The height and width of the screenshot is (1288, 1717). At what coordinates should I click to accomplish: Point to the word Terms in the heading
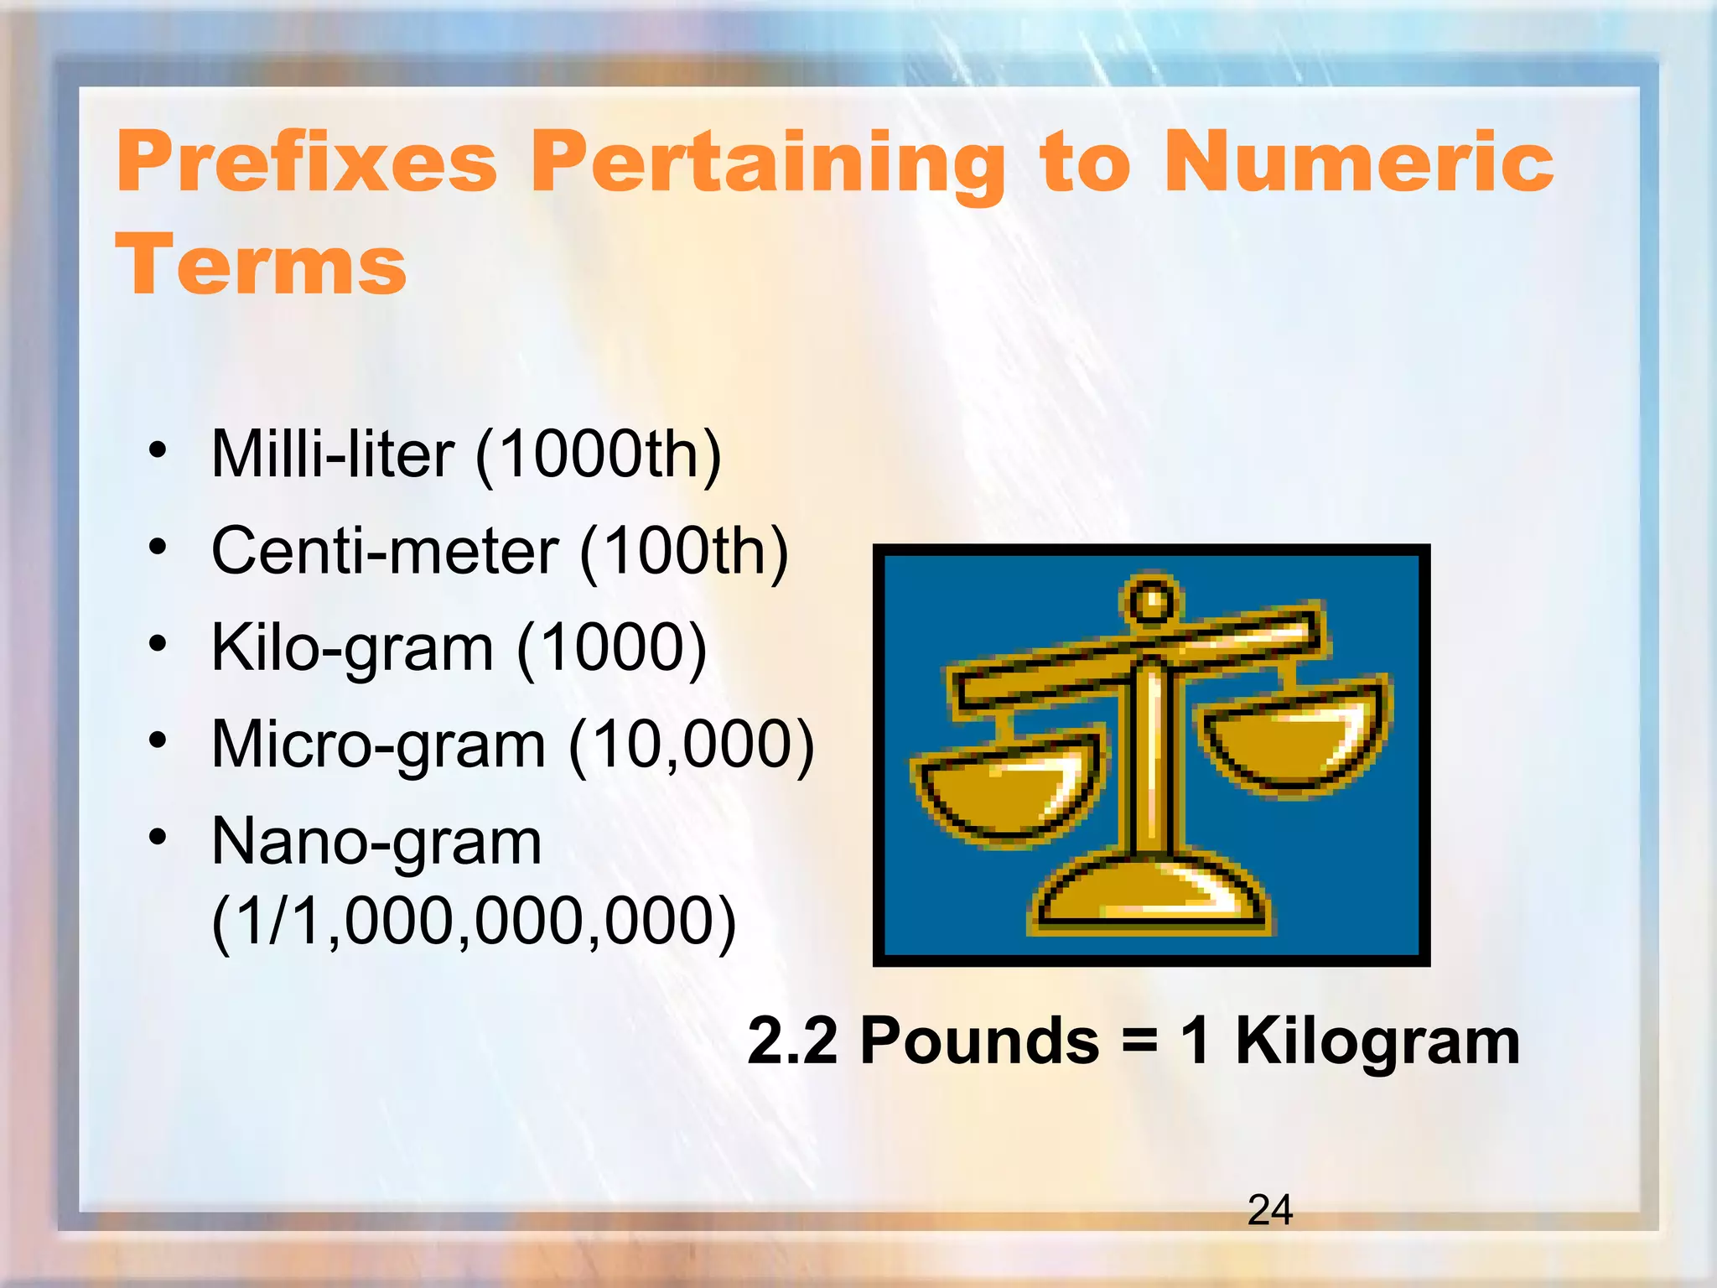pyautogui.click(x=262, y=265)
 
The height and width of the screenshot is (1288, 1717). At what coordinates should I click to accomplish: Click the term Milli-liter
pyautogui.click(x=333, y=454)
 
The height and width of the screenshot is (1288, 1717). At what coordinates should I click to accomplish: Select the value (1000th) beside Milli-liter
pyautogui.click(x=599, y=454)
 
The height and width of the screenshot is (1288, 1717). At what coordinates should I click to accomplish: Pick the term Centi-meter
pyautogui.click(x=385, y=552)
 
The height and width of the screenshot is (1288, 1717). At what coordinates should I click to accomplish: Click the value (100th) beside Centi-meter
pyautogui.click(x=684, y=552)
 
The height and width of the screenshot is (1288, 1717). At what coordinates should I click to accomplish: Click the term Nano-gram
pyautogui.click(x=376, y=842)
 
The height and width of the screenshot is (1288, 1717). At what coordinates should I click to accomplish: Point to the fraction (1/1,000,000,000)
pyautogui.click(x=474, y=921)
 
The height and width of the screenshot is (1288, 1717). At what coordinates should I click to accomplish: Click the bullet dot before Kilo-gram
pyautogui.click(x=158, y=644)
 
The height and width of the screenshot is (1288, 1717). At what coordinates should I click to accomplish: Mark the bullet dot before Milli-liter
pyautogui.click(x=158, y=450)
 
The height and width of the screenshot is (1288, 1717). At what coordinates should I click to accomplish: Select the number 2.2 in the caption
pyautogui.click(x=792, y=1041)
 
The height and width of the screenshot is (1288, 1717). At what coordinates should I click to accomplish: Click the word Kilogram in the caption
pyautogui.click(x=1377, y=1041)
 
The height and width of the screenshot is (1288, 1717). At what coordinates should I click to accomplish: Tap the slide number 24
pyautogui.click(x=1270, y=1210)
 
